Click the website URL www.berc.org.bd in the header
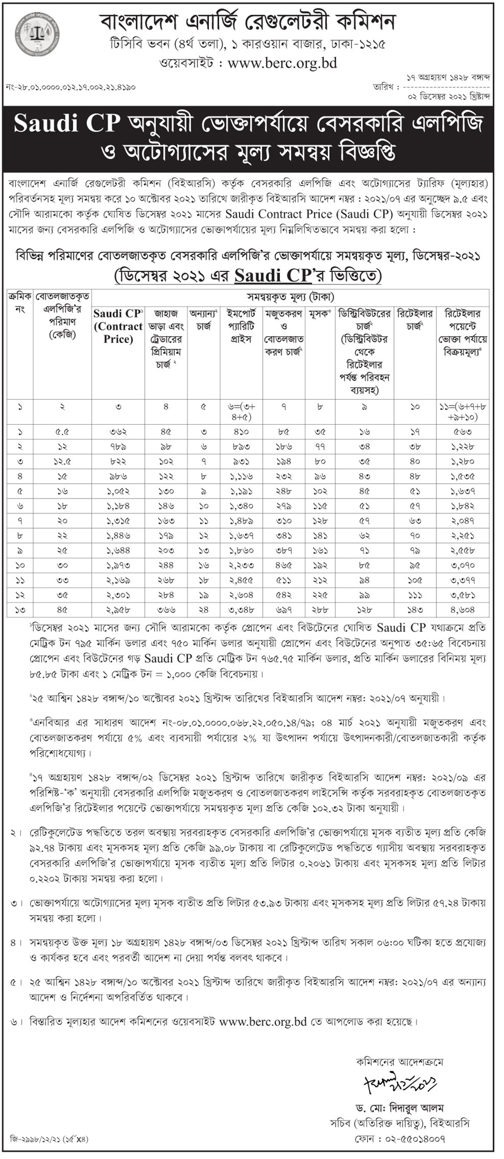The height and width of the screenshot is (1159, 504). (x=282, y=63)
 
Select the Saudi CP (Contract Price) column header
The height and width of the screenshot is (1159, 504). (x=118, y=326)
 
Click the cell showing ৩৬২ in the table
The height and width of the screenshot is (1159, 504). (x=118, y=432)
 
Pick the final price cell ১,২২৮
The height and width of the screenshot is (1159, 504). (x=463, y=447)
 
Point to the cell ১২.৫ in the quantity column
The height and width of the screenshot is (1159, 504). (x=62, y=462)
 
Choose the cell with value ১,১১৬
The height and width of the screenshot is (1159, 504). (x=241, y=476)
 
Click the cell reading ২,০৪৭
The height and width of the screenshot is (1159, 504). (x=463, y=521)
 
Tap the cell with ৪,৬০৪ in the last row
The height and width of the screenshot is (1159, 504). (x=463, y=609)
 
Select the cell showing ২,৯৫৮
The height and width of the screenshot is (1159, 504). (x=118, y=609)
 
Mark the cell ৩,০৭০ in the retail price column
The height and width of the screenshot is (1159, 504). (x=463, y=565)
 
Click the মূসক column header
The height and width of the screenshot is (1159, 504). (x=320, y=313)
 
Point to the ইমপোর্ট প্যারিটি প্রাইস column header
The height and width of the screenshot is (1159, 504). (x=241, y=326)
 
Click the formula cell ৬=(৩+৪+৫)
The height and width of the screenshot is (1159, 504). (x=241, y=412)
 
